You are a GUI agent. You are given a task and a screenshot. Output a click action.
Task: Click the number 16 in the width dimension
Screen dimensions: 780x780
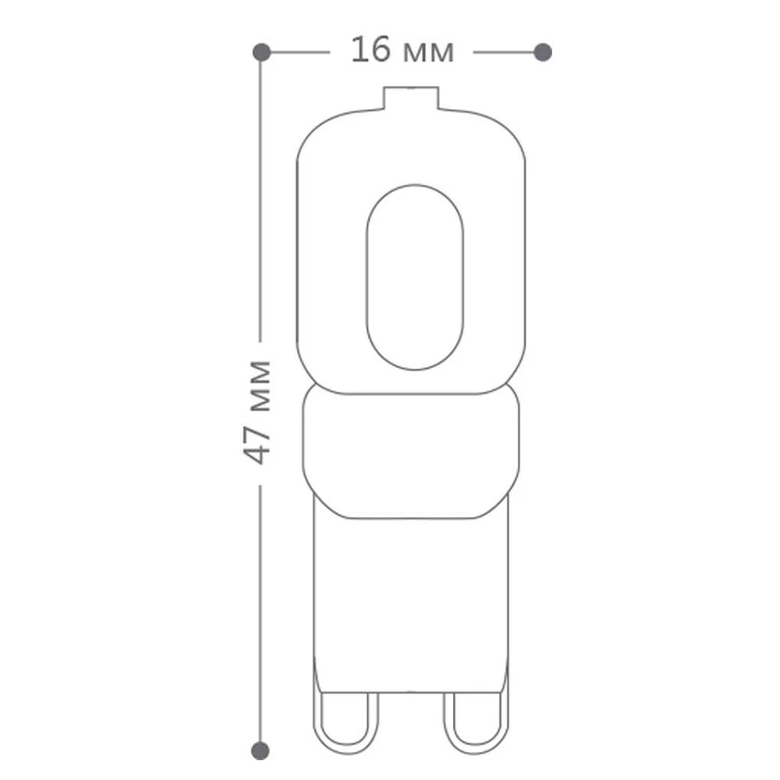(x=370, y=50)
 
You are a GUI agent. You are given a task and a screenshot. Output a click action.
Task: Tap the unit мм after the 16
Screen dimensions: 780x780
(x=429, y=53)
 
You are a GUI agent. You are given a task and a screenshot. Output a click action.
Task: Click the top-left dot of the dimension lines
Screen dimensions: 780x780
(x=261, y=52)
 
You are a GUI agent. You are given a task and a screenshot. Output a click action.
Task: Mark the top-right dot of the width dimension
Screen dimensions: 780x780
(x=543, y=52)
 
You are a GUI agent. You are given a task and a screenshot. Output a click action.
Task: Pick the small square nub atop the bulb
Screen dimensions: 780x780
(x=411, y=98)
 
